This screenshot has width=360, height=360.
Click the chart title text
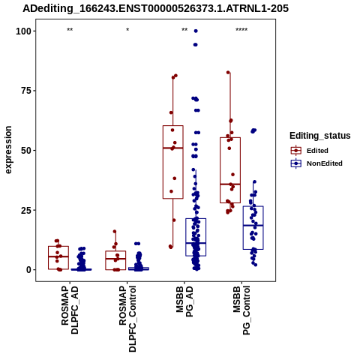coord(155,8)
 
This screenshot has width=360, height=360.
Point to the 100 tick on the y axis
coord(23,31)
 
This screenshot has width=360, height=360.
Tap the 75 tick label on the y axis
coord(26,91)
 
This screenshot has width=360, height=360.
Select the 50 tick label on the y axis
coord(26,151)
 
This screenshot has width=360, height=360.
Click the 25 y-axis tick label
coord(26,210)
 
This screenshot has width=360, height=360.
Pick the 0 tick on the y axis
coord(29,270)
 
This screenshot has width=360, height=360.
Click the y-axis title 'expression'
coord(8,150)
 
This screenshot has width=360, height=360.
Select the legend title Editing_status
coord(320,136)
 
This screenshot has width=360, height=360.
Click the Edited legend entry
coord(309,151)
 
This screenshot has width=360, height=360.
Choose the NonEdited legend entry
coord(316,163)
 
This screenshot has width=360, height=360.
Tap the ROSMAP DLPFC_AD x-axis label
coord(70,310)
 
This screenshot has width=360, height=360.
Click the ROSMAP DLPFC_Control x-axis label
coord(127,319)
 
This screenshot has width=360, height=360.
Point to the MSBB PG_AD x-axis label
coord(184,301)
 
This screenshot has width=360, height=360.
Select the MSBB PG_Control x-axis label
coord(241,310)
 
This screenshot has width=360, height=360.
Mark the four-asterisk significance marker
coord(241,30)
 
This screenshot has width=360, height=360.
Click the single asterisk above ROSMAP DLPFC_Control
coord(127,30)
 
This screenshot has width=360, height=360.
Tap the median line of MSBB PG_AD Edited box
coord(173,148)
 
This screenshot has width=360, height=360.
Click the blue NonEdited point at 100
coord(196,31)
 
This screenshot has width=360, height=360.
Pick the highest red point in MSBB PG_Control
coord(228,73)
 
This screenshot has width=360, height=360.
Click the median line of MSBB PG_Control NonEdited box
coord(253,226)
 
